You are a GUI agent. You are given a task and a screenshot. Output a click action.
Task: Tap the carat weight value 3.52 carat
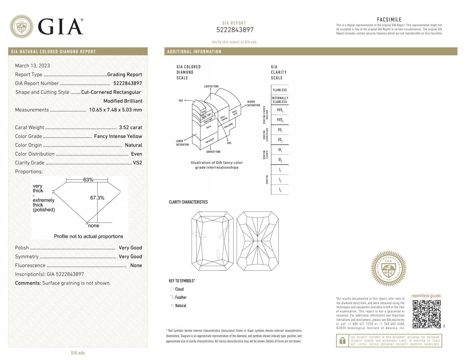[130, 128]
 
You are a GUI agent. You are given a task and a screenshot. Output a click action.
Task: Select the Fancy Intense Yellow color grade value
[118, 136]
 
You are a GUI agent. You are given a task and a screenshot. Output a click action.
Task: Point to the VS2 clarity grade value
[137, 163]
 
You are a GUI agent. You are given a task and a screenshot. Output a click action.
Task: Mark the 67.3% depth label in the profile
[97, 198]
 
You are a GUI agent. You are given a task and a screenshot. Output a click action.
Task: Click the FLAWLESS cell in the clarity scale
[280, 90]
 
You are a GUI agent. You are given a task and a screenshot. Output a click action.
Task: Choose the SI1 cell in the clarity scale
[280, 150]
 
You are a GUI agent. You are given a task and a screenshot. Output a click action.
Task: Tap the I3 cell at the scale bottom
[280, 190]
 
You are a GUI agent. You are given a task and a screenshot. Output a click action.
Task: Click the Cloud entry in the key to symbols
[179, 289]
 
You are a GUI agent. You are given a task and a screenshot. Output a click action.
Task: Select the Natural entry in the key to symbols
[180, 306]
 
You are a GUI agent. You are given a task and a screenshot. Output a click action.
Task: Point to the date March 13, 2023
[32, 66]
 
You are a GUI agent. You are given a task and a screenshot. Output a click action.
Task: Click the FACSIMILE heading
[389, 20]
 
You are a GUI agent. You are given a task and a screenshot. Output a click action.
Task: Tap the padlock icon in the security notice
[342, 341]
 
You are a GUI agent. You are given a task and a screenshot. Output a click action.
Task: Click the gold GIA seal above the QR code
[389, 268]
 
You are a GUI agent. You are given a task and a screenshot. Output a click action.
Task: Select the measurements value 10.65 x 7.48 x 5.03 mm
[115, 110]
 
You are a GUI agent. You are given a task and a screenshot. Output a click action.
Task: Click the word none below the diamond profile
[94, 226]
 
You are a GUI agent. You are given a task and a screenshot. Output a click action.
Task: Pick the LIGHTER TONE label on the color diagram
[211, 86]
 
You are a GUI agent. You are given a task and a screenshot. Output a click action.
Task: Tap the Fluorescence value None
[136, 266]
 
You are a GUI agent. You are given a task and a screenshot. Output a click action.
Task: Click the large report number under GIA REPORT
[234, 30]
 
